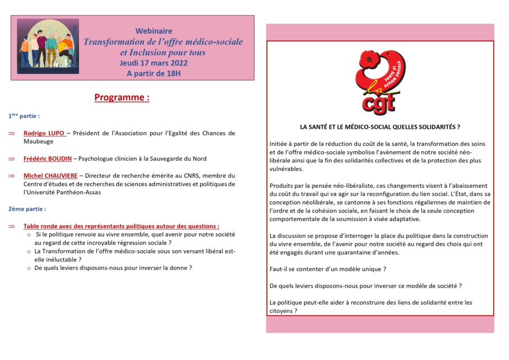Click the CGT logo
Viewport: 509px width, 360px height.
point(379,82)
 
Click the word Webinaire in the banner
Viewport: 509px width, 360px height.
point(154,31)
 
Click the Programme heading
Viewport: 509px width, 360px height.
point(122,98)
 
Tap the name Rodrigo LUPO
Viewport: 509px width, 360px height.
point(44,133)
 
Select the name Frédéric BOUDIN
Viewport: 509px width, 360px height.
point(47,159)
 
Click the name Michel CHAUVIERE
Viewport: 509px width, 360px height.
point(50,176)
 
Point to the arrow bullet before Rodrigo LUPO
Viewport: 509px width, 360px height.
point(12,133)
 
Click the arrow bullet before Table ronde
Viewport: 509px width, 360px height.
point(12,226)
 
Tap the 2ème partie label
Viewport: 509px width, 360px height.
point(27,209)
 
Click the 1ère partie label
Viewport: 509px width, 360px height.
point(24,116)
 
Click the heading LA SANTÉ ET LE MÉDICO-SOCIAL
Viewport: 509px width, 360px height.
point(376,127)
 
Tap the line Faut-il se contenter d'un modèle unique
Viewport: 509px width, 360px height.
point(328,269)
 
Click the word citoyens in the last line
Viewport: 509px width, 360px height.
point(282,311)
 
